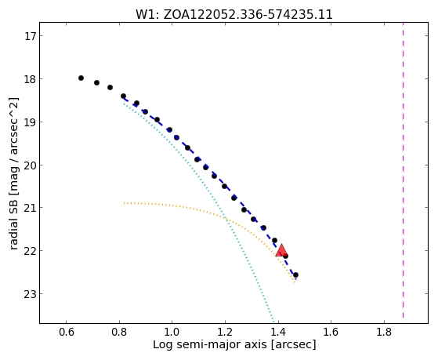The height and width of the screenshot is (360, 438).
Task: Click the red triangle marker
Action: (281, 250)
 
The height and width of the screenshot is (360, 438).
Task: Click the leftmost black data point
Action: (81, 78)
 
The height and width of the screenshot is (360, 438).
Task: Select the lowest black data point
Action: (295, 275)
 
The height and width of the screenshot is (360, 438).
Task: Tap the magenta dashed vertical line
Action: (403, 170)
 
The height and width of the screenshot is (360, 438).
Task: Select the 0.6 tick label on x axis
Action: (66, 333)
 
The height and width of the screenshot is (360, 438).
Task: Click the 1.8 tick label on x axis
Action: (384, 333)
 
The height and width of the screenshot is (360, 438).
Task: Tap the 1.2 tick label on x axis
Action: (225, 333)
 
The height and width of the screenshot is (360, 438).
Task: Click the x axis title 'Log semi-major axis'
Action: (210, 344)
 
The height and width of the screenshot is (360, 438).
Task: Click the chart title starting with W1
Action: (234, 15)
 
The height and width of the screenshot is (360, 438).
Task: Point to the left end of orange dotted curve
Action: (125, 203)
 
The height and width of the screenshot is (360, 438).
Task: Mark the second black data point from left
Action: (96, 83)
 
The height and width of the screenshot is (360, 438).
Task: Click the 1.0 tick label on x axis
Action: (172, 333)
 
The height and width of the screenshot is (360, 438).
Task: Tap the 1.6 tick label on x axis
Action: (331, 333)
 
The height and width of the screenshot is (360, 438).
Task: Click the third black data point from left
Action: (110, 88)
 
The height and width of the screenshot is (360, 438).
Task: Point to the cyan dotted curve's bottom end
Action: (273, 322)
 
